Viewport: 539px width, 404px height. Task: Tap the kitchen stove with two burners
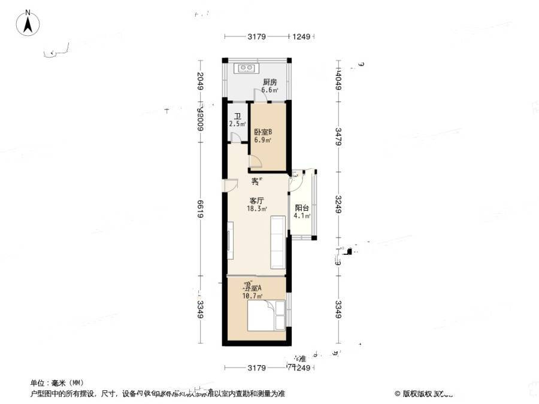pos(247,68)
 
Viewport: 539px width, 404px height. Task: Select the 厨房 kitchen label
pos(269,83)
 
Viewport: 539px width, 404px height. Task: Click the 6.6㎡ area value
pos(269,90)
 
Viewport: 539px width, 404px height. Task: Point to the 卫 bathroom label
pos(237,117)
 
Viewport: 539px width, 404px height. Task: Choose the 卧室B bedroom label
pos(263,132)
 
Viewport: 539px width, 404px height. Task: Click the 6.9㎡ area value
pos(262,140)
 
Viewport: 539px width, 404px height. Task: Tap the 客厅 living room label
pos(257,201)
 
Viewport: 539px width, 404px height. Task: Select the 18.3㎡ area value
pos(257,209)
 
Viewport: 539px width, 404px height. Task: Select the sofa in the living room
pos(278,242)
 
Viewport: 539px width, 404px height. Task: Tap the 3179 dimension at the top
pos(256,37)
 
